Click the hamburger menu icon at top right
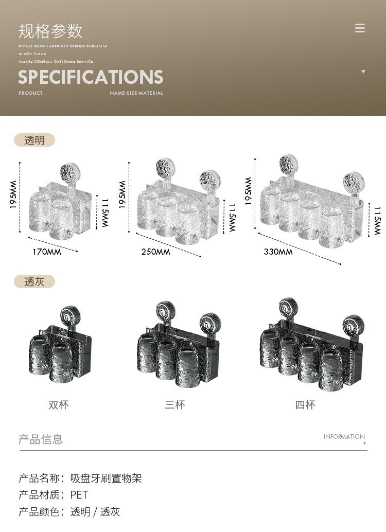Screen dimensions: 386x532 360,28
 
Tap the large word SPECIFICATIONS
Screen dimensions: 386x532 91,77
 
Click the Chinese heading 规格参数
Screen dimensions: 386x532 50,31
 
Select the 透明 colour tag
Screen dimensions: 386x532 34,140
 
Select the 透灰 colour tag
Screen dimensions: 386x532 34,281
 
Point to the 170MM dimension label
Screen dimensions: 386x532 47,252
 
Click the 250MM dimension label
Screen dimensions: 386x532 156,252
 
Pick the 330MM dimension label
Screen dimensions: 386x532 278,252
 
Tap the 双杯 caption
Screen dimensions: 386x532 58,404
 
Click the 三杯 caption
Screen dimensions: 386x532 175,404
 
